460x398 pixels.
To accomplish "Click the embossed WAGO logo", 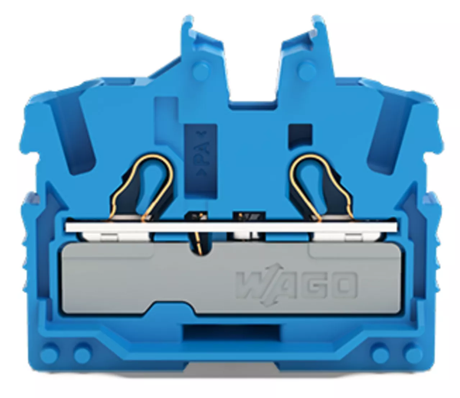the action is [297, 285].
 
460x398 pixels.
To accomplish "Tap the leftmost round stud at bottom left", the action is [49, 354].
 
